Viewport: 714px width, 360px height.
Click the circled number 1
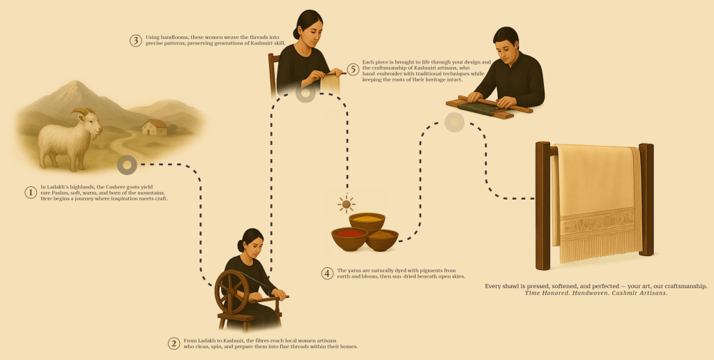point(31,193)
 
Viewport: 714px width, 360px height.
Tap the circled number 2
point(174,343)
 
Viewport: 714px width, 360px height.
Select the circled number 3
point(136,40)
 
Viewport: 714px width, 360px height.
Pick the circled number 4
point(328,273)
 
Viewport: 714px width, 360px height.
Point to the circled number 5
point(353,70)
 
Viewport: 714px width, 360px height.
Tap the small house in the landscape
point(154,127)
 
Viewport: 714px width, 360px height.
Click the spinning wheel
point(232,292)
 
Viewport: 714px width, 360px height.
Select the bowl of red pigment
point(350,238)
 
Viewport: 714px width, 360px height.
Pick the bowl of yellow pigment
point(367,221)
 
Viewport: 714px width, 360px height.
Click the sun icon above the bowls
point(347,204)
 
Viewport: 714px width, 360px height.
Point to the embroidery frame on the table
point(489,107)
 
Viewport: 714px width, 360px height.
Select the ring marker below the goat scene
point(127,165)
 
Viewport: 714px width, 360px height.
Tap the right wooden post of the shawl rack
point(646,200)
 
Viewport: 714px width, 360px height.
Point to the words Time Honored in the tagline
point(545,293)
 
